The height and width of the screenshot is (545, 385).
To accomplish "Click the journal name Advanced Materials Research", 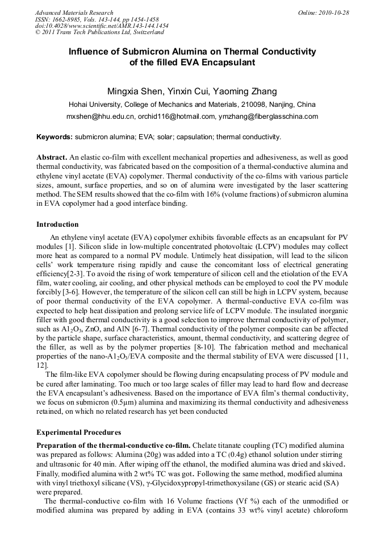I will click(x=74, y=13).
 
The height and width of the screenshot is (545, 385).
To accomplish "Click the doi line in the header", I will click(x=102, y=26).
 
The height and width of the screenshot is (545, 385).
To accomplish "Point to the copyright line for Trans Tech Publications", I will click(x=100, y=33).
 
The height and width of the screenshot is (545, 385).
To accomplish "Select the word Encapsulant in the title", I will click(x=226, y=63).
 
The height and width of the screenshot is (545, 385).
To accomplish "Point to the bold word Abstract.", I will click(x=52, y=156).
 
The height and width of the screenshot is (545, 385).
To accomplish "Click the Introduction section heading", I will click(x=57, y=224).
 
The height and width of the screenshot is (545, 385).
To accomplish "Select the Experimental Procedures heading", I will click(x=78, y=432).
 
